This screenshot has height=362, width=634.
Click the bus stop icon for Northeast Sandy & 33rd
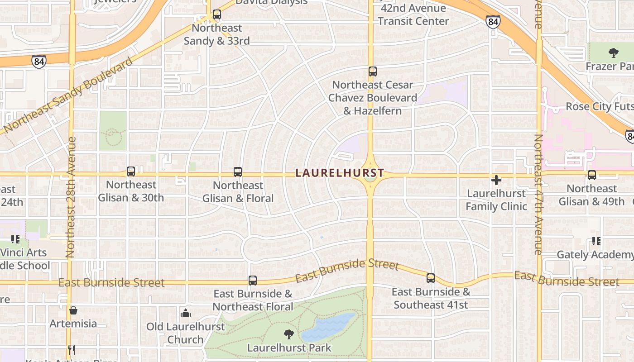coord(217,14)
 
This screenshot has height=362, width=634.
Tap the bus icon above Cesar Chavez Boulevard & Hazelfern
coord(372,71)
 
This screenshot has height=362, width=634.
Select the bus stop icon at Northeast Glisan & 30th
coord(131,171)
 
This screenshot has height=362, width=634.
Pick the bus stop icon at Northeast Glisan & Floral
coord(238,172)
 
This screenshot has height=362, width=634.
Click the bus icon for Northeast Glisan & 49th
coord(591,175)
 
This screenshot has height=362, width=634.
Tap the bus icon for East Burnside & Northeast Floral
coord(253,281)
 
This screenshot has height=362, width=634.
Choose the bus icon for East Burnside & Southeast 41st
coord(431,278)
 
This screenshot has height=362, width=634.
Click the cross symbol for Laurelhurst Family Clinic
coord(496,180)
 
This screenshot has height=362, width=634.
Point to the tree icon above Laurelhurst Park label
coord(288,334)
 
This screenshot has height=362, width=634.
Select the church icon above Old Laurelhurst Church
coord(186,313)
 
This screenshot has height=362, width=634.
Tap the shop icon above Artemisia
coord(73,310)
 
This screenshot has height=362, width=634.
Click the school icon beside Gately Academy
coord(596,241)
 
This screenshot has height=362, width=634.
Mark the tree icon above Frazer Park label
coord(614,53)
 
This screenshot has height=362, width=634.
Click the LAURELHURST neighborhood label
coord(340,173)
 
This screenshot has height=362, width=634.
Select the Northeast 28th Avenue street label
coord(71,197)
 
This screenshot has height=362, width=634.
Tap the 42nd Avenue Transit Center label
coord(413,14)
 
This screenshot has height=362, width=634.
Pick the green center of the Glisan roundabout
coord(370,176)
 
